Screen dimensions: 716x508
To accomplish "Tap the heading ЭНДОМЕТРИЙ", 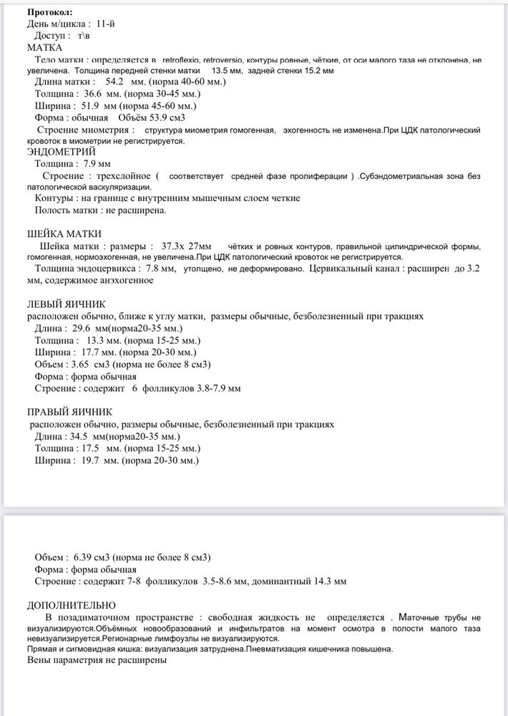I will click(61, 152).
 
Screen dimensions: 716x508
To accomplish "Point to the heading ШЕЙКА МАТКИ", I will click(64, 233).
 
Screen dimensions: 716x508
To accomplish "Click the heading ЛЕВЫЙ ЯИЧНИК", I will click(66, 304).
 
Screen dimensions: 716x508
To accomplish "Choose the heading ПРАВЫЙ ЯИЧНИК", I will click(69, 412).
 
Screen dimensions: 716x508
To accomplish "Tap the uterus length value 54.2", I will click(115, 82).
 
